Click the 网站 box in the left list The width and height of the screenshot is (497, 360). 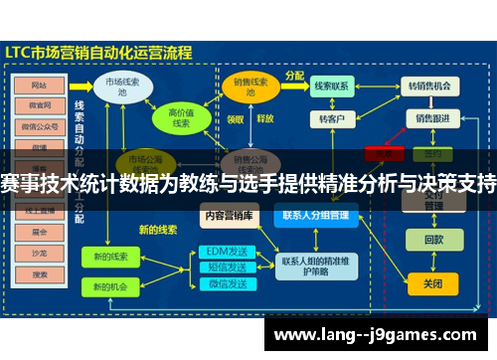39,85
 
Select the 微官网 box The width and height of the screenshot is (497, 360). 39,104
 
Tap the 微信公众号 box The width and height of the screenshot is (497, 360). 39,125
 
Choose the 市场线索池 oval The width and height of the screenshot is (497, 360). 122,86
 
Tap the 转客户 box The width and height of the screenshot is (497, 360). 332,118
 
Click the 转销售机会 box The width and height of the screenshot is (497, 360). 429,87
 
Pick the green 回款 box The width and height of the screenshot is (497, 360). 433,240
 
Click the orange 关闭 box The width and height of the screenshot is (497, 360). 433,282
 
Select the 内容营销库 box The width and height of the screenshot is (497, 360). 228,214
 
